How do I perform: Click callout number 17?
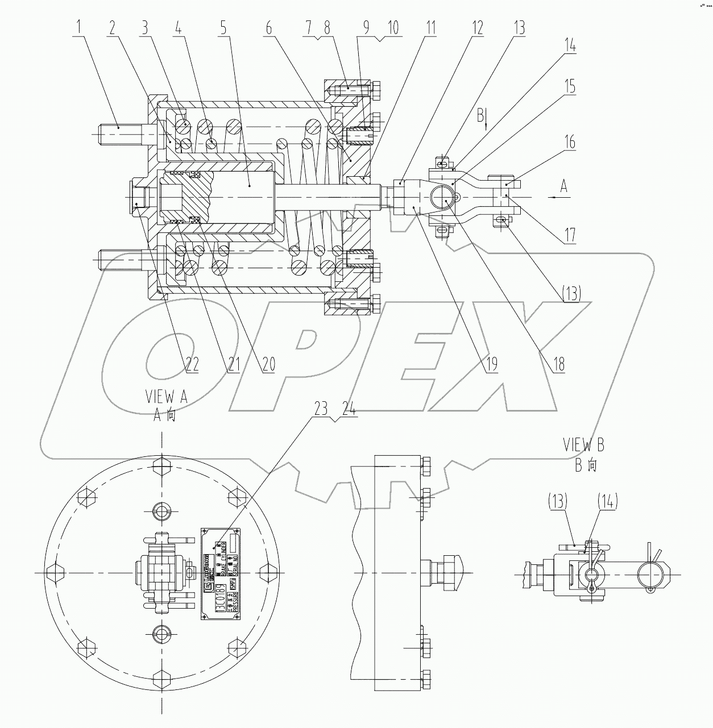tap(570, 234)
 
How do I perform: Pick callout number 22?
tap(190, 364)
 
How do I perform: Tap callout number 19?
tap(490, 364)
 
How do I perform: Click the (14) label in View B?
tap(607, 501)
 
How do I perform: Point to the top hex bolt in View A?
tap(163, 465)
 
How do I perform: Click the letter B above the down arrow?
tap(480, 116)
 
